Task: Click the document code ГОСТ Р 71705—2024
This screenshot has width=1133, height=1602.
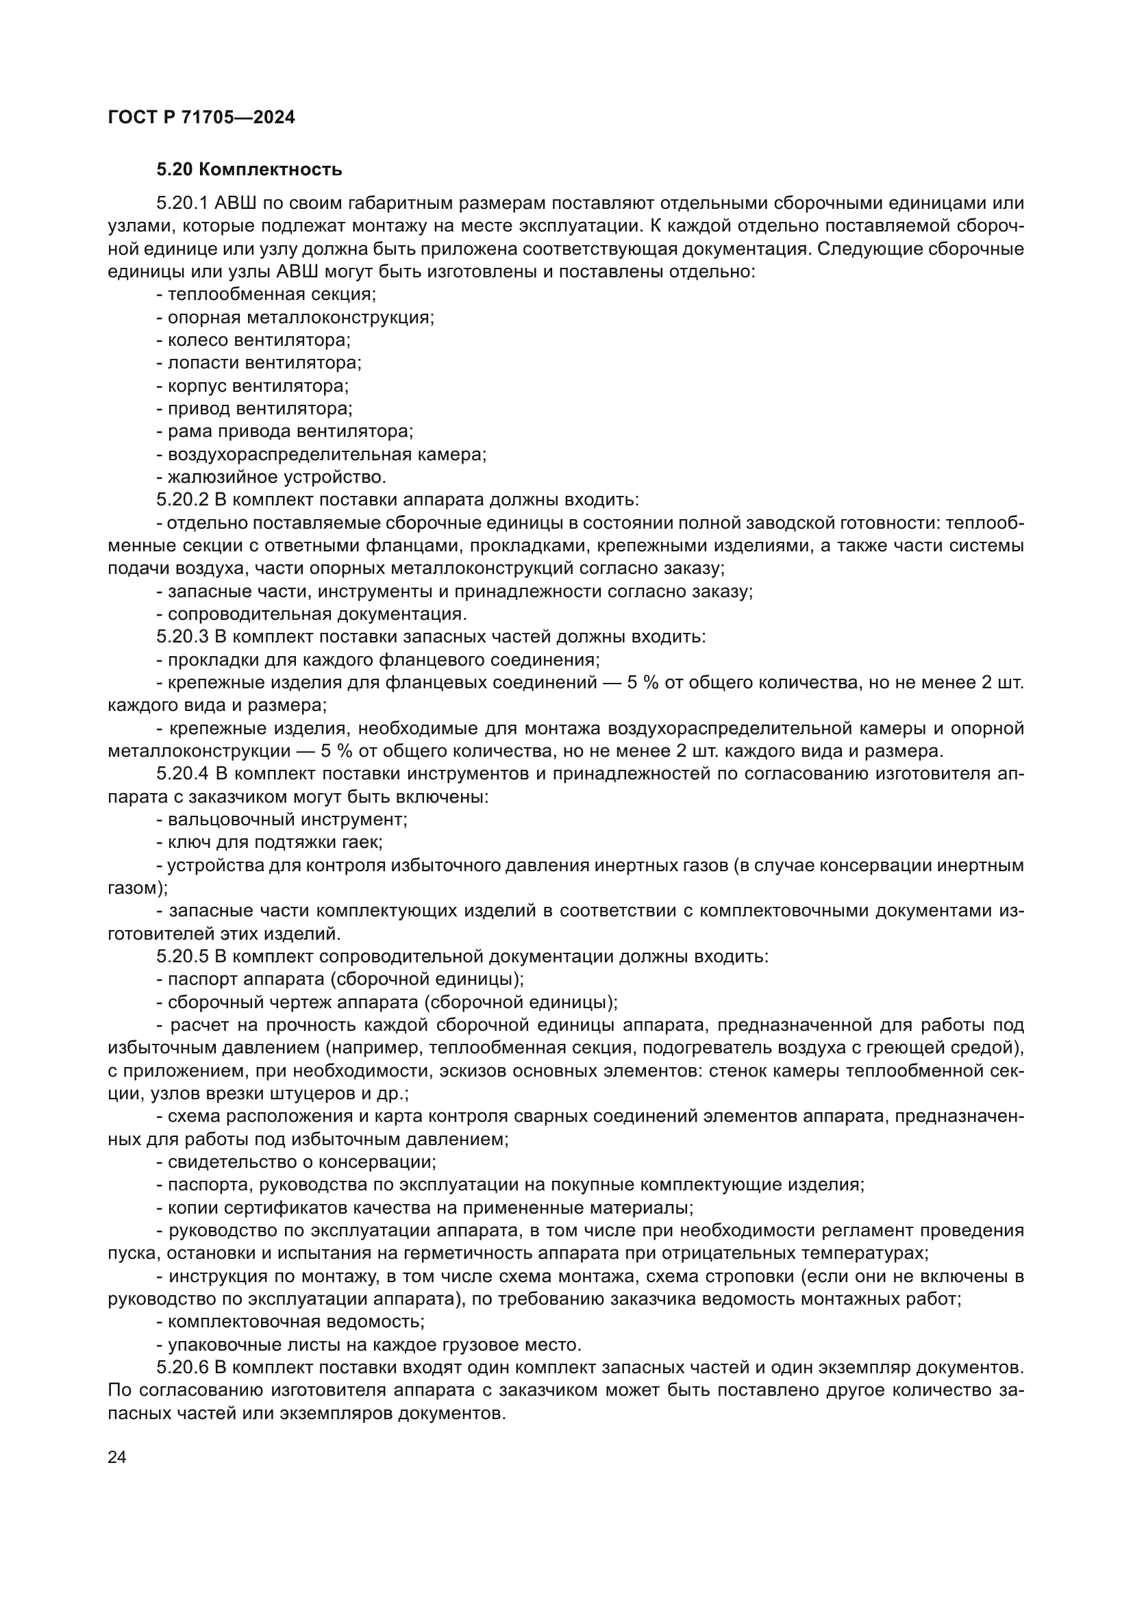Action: pos(201,118)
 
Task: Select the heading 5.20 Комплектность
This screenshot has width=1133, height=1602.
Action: pos(249,170)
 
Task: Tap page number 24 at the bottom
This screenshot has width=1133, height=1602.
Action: pos(117,1457)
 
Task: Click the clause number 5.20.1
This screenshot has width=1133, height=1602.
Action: pos(183,203)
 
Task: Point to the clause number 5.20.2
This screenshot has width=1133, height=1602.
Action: pos(183,500)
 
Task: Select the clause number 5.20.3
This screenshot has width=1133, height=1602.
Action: pos(183,637)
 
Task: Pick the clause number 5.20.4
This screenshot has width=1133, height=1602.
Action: pos(183,774)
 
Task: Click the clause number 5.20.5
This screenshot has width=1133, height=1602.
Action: pos(183,957)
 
